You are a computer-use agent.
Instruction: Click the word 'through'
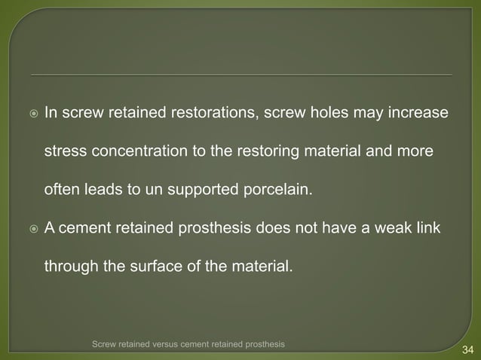click(x=69, y=266)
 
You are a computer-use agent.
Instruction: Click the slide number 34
click(x=467, y=349)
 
